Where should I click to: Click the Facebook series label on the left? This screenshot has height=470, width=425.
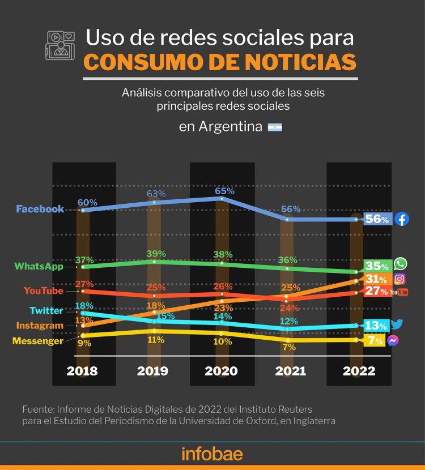pyautogui.click(x=40, y=209)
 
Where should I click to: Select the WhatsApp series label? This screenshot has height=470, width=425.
pyautogui.click(x=39, y=266)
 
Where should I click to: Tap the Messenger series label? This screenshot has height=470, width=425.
pyautogui.click(x=37, y=341)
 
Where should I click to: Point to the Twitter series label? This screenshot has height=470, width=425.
pyautogui.click(x=46, y=310)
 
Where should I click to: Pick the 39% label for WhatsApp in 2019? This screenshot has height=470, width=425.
pyautogui.click(x=156, y=253)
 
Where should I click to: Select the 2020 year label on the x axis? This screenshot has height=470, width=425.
pyautogui.click(x=222, y=371)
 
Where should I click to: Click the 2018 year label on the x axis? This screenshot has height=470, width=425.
pyautogui.click(x=82, y=371)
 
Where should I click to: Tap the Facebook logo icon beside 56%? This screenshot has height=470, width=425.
pyautogui.click(x=402, y=219)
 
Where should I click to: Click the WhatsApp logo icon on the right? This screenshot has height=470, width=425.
pyautogui.click(x=401, y=264)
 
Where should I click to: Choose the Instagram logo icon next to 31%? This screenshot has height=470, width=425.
pyautogui.click(x=399, y=279)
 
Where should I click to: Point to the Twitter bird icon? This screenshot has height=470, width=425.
pyautogui.click(x=397, y=324)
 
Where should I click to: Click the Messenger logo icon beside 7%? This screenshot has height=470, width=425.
pyautogui.click(x=393, y=340)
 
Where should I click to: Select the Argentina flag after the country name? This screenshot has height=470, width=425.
pyautogui.click(x=275, y=127)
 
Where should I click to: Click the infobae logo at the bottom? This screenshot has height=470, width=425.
pyautogui.click(x=212, y=454)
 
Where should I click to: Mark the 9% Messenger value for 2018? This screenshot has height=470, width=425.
pyautogui.click(x=83, y=343)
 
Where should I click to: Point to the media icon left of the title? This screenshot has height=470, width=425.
pyautogui.click(x=60, y=45)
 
